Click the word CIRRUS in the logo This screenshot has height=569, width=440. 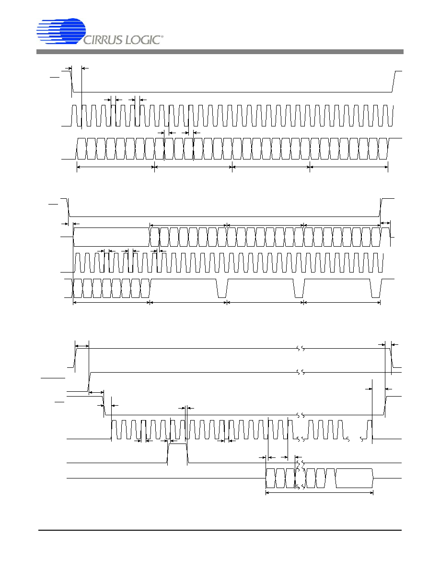pyautogui.click(x=104, y=40)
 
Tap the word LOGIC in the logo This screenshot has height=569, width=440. pyautogui.click(x=143, y=40)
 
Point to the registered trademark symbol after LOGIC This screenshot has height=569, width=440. pyautogui.click(x=162, y=37)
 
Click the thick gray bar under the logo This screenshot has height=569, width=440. pyautogui.click(x=220, y=52)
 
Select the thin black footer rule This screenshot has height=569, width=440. pyautogui.click(x=220, y=530)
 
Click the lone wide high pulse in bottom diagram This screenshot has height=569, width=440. pyautogui.click(x=177, y=453)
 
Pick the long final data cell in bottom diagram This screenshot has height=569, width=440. pyautogui.click(x=354, y=478)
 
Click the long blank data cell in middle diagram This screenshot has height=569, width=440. pyautogui.click(x=112, y=237)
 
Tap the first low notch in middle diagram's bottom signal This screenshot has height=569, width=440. pyautogui.click(x=222, y=288)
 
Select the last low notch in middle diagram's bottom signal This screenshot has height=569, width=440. pyautogui.click(x=375, y=288)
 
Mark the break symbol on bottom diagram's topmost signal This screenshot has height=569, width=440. pyautogui.click(x=300, y=349)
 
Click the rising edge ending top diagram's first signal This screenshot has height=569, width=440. pyautogui.click(x=394, y=81)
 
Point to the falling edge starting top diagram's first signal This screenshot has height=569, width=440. pyautogui.click(x=71, y=81)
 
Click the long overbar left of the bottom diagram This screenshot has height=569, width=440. pyautogui.click(x=53, y=378)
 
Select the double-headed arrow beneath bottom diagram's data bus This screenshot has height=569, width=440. pyautogui.click(x=320, y=493)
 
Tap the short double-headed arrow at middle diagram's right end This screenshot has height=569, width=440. pyautogui.click(x=385, y=223)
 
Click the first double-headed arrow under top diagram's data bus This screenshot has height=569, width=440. pyautogui.click(x=116, y=167)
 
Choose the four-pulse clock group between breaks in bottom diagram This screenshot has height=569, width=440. pyautogui.click(x=325, y=430)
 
